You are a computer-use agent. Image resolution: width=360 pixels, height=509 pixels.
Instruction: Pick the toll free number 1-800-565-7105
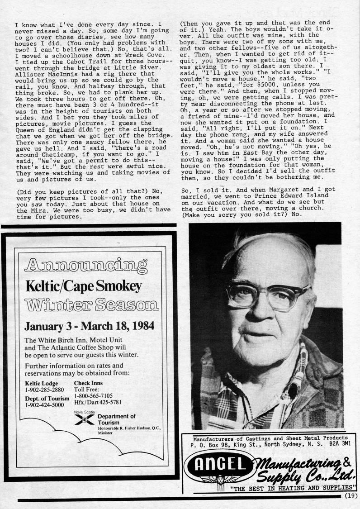click(x=93, y=395)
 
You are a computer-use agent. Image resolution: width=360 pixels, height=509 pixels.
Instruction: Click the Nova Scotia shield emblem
click(x=83, y=419)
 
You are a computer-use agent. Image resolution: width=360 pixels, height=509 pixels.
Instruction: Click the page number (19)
click(x=350, y=495)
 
